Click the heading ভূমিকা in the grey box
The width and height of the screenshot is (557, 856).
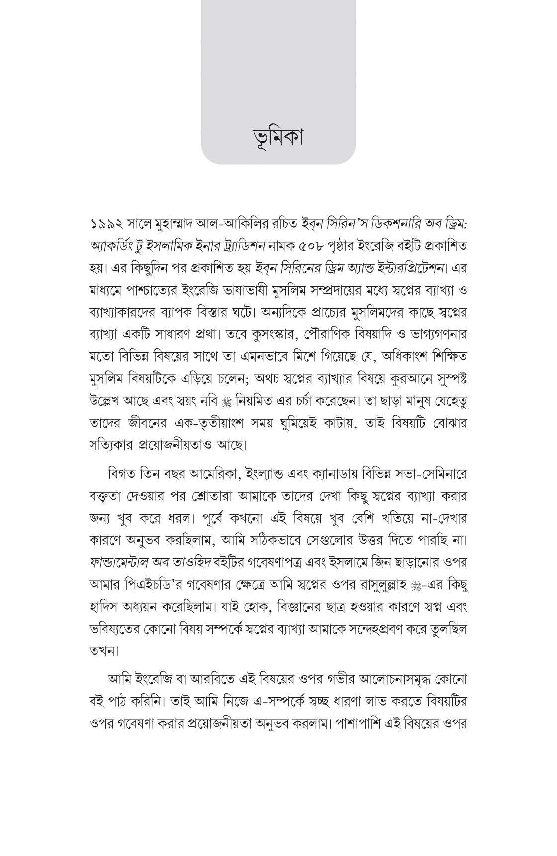click(278, 136)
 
